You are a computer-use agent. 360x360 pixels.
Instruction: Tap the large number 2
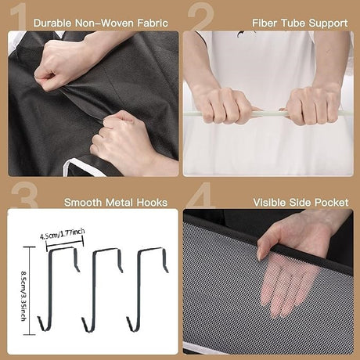click(x=201, y=17)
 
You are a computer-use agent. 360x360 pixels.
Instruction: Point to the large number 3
click(x=24, y=194)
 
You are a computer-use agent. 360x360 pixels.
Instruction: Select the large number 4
click(x=200, y=194)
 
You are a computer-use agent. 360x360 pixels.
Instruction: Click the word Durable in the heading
click(x=52, y=23)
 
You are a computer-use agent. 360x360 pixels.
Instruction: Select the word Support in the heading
click(x=328, y=23)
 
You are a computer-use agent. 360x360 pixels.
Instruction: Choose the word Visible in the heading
click(x=269, y=203)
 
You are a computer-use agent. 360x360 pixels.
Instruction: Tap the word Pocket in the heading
click(x=331, y=203)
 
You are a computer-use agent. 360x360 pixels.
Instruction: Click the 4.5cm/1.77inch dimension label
click(x=63, y=233)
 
